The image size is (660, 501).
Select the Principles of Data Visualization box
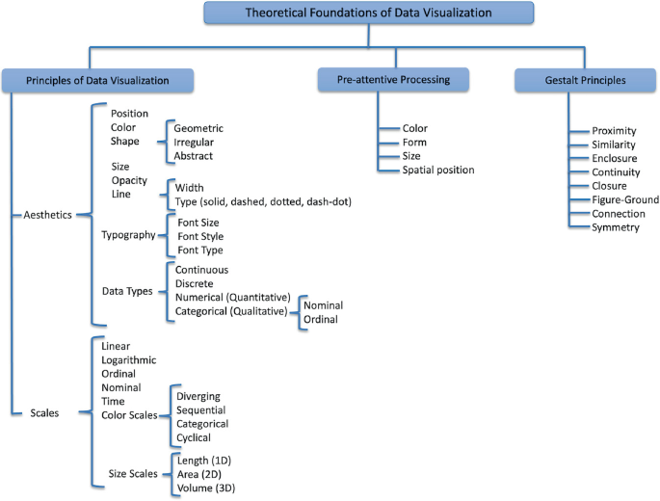99,80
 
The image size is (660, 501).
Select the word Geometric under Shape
200,126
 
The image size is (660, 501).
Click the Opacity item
131,180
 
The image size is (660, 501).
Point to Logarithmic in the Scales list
134,359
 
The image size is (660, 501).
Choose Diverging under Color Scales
198,395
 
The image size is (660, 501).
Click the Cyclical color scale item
197,436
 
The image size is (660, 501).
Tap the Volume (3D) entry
206,488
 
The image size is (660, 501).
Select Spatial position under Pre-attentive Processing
438,171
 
